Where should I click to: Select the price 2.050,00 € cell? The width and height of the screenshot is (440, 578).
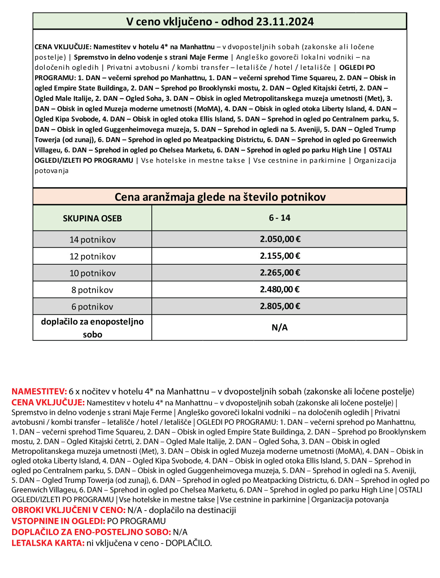point(280,239)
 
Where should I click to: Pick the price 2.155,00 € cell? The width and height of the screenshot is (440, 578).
point(280,256)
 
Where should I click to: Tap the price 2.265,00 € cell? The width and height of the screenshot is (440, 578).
point(280,273)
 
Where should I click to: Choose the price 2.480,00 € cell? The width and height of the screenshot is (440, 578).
point(280,290)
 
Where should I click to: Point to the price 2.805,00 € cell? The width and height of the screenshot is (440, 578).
point(280,306)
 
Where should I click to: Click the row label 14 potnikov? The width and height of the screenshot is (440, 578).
point(92,240)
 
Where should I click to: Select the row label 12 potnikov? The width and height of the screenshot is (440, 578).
point(92,257)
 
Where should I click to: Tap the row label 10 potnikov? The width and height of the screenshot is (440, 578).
point(92,273)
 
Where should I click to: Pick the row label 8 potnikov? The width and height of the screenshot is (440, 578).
point(92,290)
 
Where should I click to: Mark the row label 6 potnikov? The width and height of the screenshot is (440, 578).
point(92,307)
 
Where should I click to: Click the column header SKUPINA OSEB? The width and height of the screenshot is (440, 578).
point(92,218)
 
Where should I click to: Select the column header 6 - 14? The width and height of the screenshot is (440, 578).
point(279,218)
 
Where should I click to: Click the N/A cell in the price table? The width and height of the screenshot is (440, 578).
point(279,328)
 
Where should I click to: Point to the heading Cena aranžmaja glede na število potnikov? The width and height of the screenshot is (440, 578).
point(220,197)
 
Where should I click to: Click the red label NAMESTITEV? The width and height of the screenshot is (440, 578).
point(39,391)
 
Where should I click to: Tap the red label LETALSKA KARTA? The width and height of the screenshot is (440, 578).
point(48,543)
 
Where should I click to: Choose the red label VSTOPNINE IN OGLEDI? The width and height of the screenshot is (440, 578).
point(58,521)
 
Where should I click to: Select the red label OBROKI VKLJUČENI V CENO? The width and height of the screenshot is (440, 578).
point(69,510)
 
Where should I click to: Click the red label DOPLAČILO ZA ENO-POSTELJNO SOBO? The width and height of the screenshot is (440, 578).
point(91,532)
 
